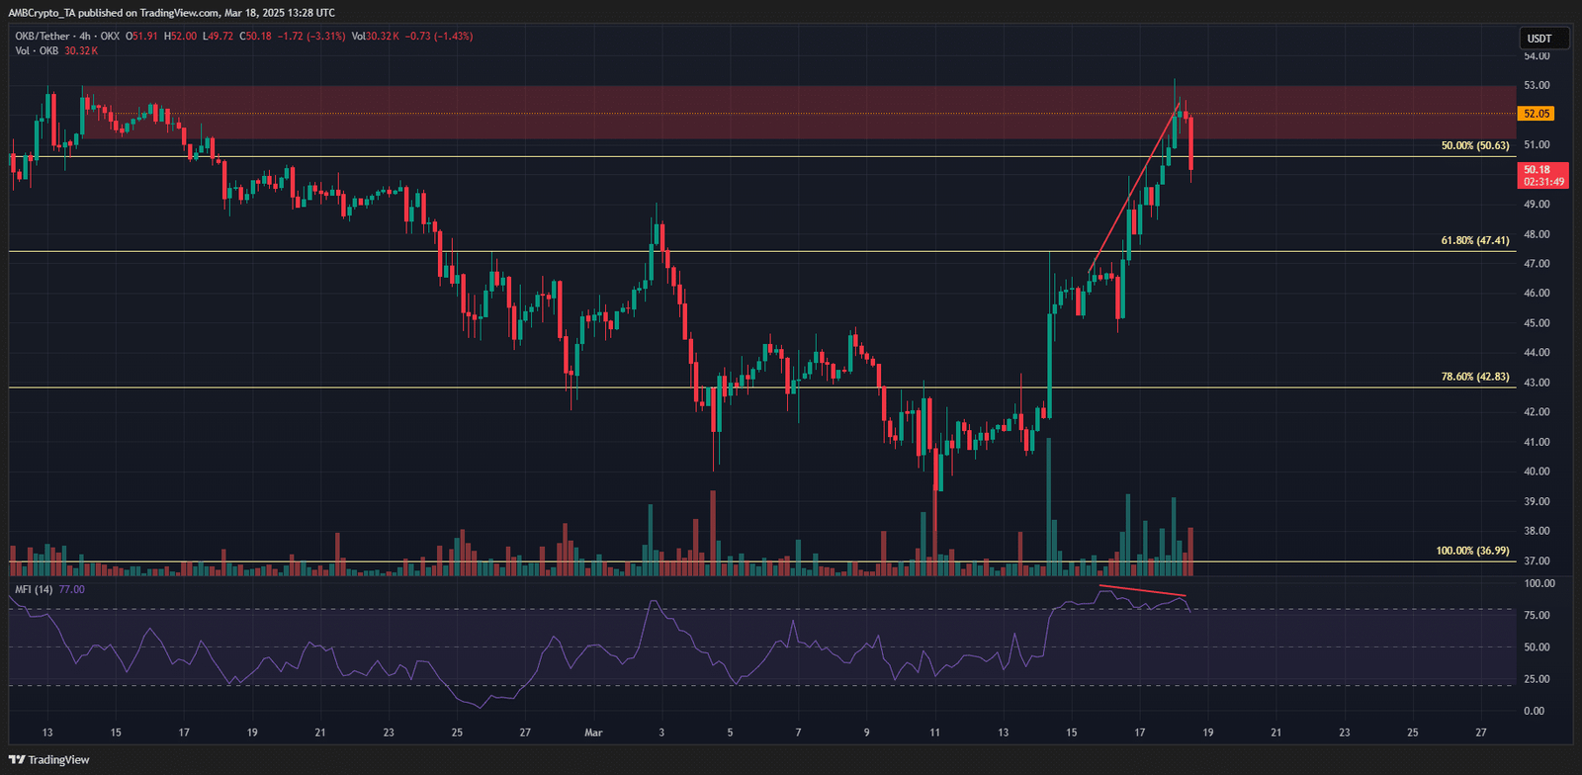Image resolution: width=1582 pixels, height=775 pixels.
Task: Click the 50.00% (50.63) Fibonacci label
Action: [1474, 145]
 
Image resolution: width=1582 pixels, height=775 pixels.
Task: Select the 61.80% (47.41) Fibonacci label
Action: [1474, 240]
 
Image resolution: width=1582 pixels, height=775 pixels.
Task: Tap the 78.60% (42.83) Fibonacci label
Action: [1474, 377]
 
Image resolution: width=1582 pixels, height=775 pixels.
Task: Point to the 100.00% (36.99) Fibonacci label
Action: [1472, 551]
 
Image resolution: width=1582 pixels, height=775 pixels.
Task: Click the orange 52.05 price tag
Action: [1536, 114]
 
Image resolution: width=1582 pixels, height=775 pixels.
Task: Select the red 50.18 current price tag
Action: [1541, 175]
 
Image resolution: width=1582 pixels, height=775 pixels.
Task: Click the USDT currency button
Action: [1539, 39]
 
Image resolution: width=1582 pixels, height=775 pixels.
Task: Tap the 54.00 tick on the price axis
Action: [1536, 56]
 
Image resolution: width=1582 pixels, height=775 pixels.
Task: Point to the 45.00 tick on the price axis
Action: [1536, 323]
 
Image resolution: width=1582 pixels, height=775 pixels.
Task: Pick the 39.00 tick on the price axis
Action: [1536, 501]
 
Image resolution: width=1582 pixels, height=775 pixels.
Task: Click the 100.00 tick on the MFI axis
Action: [1539, 584]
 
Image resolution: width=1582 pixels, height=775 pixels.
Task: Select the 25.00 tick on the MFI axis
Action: [1536, 679]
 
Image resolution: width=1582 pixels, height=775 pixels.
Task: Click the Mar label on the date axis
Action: [593, 732]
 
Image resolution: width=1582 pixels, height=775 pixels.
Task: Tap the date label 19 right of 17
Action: [1208, 732]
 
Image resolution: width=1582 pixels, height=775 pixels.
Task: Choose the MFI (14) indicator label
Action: [35, 589]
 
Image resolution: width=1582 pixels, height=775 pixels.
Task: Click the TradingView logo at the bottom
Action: [49, 760]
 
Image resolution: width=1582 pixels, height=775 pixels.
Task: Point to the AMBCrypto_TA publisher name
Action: [43, 13]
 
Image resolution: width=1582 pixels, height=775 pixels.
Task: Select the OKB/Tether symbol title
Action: [43, 37]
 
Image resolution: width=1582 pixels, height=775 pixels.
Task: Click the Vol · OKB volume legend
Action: [38, 50]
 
